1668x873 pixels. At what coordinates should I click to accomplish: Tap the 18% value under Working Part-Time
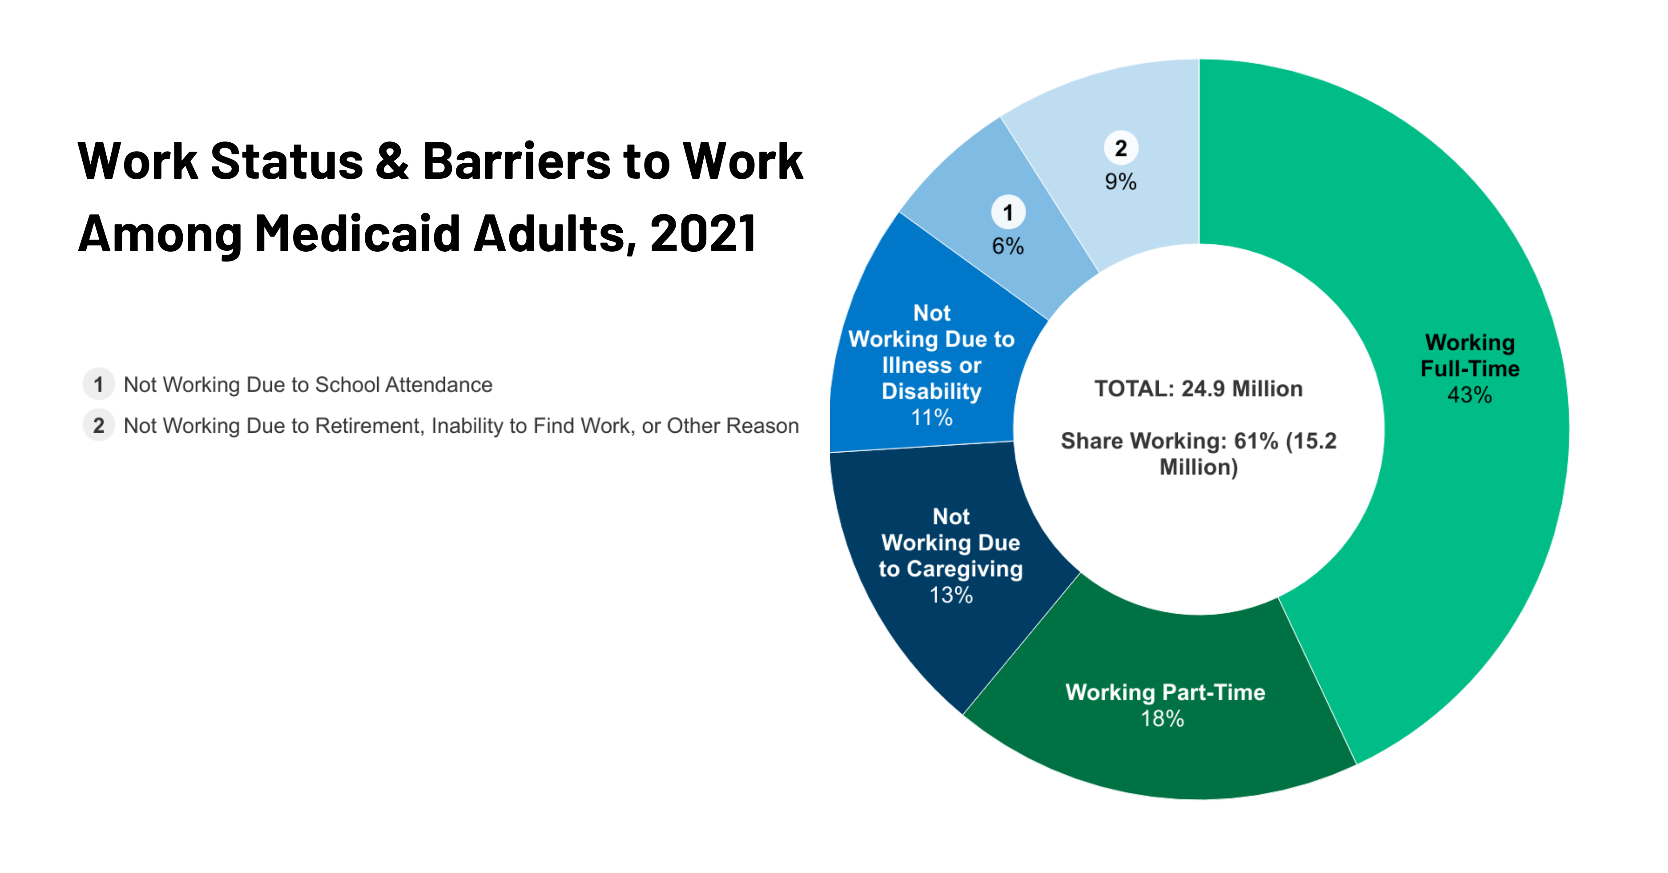pyautogui.click(x=1162, y=718)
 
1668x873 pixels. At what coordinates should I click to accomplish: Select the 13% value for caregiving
pyautogui.click(x=951, y=595)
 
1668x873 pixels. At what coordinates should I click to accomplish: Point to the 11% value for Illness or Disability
pyautogui.click(x=932, y=418)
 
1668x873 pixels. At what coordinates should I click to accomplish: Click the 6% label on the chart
pyautogui.click(x=1008, y=246)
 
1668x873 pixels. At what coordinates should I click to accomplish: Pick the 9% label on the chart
pyautogui.click(x=1121, y=182)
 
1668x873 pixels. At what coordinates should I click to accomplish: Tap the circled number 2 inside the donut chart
pyautogui.click(x=1121, y=148)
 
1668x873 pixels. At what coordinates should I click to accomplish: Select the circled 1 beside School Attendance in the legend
pyautogui.click(x=98, y=385)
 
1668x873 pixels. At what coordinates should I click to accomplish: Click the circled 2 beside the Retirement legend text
pyautogui.click(x=98, y=426)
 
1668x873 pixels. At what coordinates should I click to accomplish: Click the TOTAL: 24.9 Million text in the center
pyautogui.click(x=1199, y=389)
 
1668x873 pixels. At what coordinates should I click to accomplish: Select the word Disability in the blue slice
pyautogui.click(x=932, y=391)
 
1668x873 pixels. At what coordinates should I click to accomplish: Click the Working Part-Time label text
pyautogui.click(x=1165, y=692)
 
